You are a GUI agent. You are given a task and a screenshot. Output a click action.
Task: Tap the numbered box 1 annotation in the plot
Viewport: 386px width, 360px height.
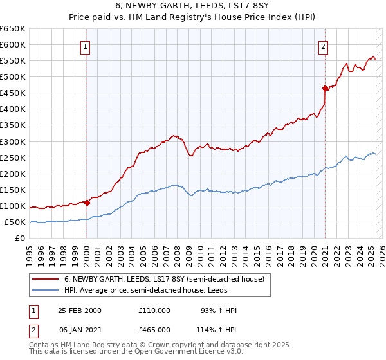86,46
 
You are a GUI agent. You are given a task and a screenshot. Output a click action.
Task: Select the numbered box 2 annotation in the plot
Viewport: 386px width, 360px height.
323,46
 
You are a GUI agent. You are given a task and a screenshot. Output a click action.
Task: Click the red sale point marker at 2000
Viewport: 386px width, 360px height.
87,203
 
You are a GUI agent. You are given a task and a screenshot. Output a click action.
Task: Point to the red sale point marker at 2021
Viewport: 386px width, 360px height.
325,87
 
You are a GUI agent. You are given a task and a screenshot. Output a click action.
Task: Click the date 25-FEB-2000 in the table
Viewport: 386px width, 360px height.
80,310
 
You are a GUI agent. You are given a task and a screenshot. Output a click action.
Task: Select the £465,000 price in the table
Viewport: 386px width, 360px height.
154,329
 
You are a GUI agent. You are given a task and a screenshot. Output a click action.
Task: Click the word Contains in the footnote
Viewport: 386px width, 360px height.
44,345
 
